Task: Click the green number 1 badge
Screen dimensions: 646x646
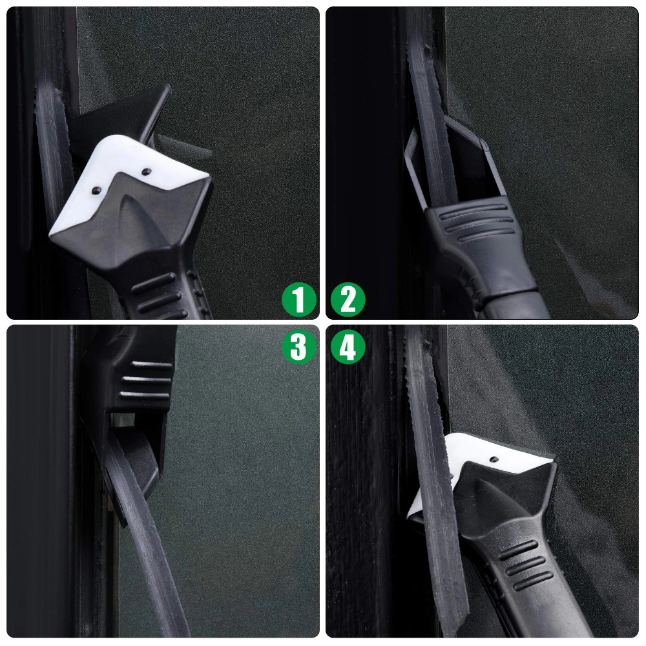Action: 298,300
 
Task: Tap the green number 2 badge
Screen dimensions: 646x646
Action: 348,300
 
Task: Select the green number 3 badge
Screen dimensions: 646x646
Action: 298,346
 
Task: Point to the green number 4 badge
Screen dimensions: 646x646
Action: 348,346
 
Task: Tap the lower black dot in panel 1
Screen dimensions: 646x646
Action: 96,190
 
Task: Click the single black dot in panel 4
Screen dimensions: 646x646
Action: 493,459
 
